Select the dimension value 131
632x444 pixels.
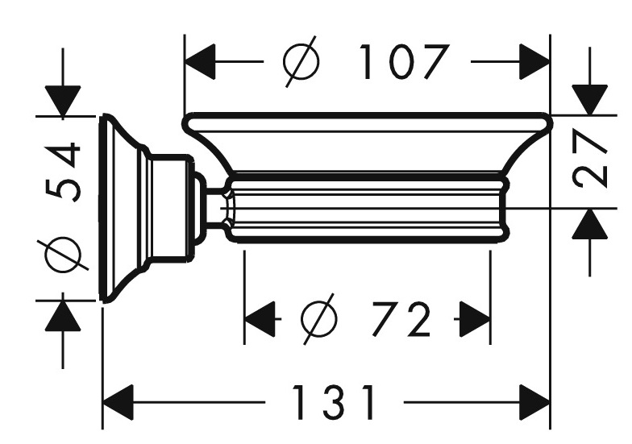(334, 401)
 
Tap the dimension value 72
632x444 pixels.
(401, 319)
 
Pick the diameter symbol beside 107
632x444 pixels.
(301, 61)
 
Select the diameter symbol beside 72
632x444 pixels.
(319, 319)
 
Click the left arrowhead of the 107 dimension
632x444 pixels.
(200, 61)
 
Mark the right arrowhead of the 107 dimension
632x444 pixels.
(534, 61)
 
